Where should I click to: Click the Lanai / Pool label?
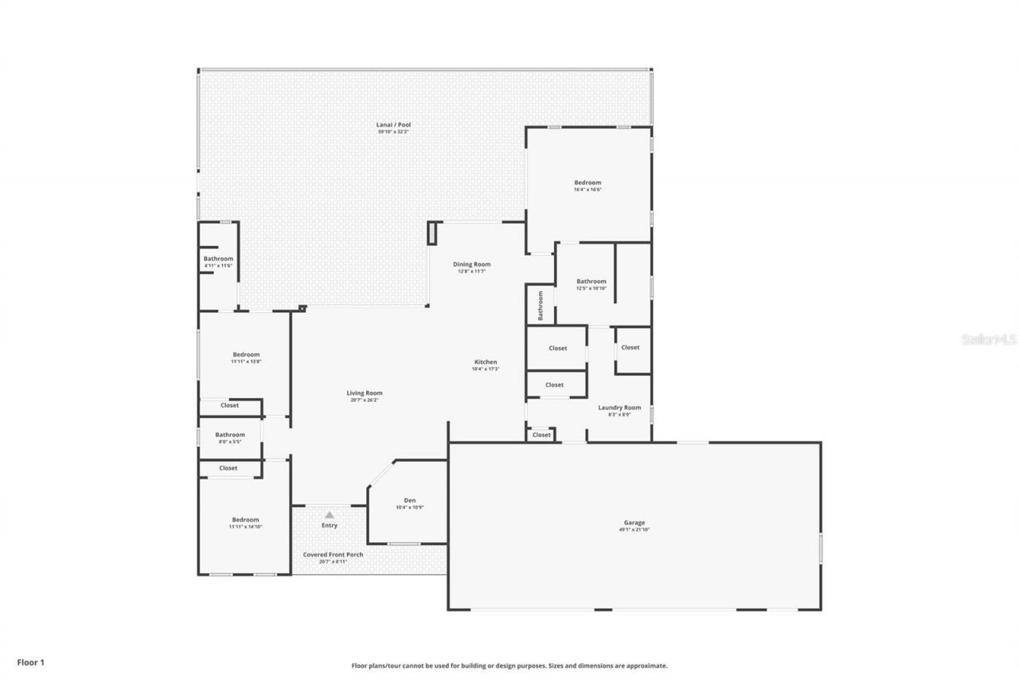[393, 125]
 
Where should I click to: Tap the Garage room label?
[634, 523]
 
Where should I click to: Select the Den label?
[409, 501]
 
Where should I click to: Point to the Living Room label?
[364, 393]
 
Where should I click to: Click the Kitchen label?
[486, 362]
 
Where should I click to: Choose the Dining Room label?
[471, 264]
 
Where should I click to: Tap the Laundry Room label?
[619, 408]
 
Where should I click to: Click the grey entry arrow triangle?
[329, 515]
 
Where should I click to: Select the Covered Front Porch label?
[333, 555]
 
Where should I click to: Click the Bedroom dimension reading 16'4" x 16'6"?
[588, 189]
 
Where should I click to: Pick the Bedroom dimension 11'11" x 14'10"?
[245, 526]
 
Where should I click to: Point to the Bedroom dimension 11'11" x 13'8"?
[246, 361]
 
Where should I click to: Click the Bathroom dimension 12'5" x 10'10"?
[591, 287]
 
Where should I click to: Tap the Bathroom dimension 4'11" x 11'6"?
[217, 265]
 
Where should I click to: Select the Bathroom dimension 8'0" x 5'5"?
[229, 441]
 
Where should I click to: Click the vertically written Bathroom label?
[541, 306]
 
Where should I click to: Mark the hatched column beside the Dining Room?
[432, 232]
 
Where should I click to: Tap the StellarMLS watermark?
[989, 339]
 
